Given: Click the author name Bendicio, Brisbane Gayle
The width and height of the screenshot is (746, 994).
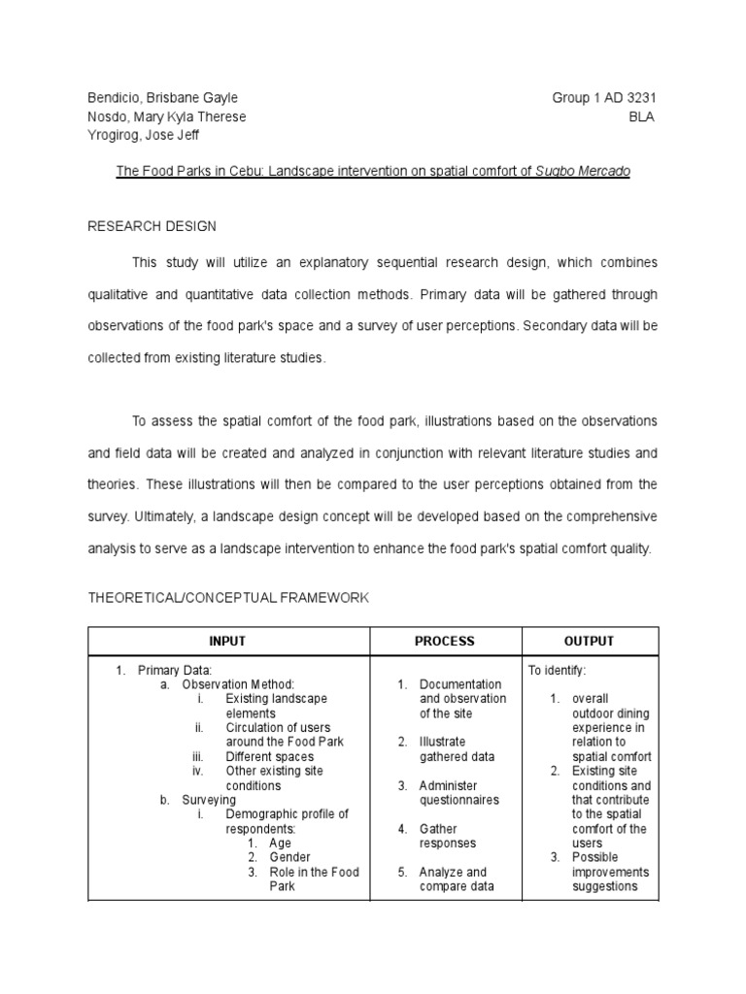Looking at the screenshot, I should pos(162,98).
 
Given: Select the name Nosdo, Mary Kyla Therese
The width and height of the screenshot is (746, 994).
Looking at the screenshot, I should pos(166,116).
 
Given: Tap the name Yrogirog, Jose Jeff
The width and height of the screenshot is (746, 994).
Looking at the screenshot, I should pos(143,135).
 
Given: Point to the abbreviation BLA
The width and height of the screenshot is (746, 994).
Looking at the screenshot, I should pos(642,116).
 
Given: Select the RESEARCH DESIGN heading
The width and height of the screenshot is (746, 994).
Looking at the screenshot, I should pos(152,226).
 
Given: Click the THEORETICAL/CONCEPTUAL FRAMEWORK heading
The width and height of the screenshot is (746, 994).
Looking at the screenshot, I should pos(228,598).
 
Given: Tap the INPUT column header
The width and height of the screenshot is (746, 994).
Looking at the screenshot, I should pos(228,642).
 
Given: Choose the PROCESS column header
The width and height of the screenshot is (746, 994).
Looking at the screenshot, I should pos(445,642).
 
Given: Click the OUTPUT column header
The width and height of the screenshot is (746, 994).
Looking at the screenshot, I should pos(590,642).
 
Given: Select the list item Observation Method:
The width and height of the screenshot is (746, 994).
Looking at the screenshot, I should pos(237,684).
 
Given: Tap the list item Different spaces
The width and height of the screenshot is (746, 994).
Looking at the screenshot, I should pos(269,756).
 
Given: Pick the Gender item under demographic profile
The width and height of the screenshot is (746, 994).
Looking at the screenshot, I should pos(289,857).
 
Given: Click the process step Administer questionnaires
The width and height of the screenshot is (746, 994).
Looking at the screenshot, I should pos(458,793).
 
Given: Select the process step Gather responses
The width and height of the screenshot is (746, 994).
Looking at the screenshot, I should pos(448,836).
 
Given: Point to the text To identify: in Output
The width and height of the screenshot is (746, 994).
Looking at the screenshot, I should pos(558,670).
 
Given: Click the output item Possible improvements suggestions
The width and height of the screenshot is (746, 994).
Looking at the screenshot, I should pos(610,872).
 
